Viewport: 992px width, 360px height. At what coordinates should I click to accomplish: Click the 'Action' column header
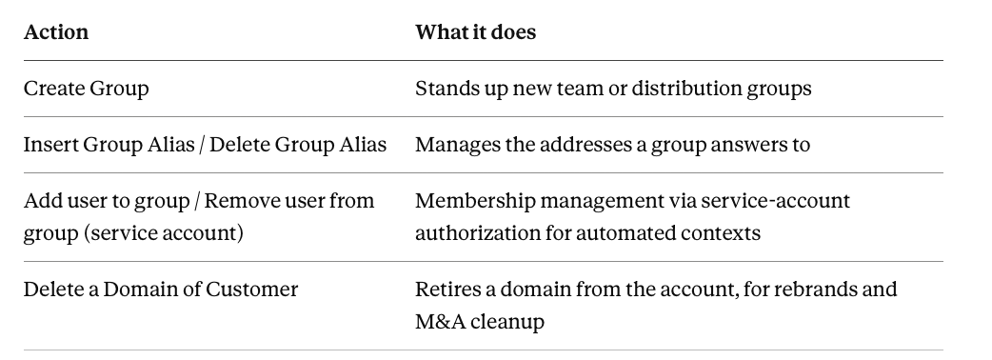(56, 32)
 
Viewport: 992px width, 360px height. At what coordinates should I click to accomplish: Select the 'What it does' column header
(475, 32)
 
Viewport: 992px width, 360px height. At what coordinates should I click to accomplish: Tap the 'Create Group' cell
(86, 89)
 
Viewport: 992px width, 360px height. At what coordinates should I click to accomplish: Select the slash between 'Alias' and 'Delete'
(202, 145)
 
